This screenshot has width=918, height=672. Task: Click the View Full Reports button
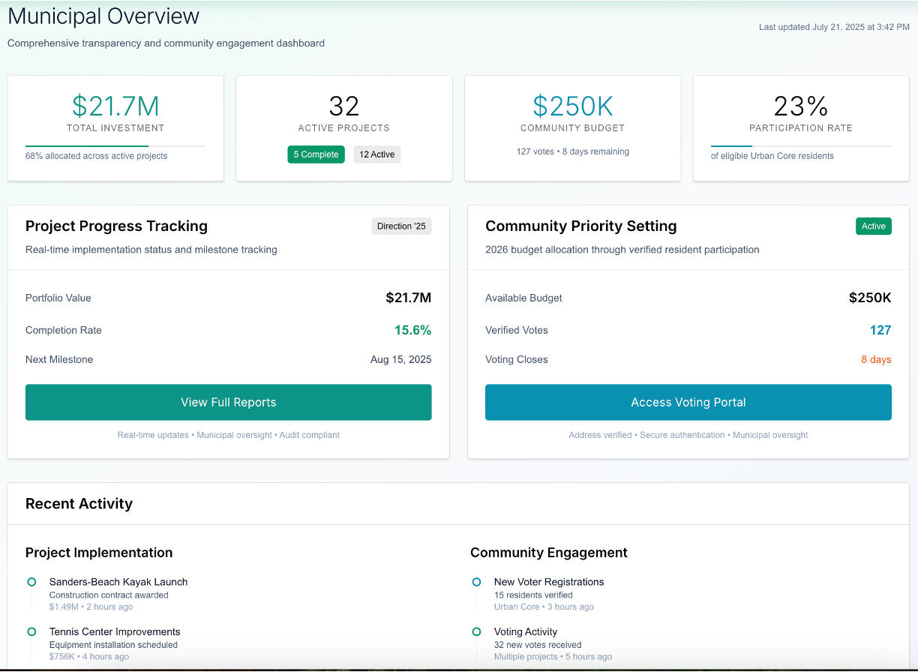pos(228,402)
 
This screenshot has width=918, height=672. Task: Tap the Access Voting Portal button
pos(688,402)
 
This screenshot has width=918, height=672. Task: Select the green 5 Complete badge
pos(316,154)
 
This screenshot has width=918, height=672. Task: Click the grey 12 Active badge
pos(376,154)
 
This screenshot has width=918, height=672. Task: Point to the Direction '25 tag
pos(401,226)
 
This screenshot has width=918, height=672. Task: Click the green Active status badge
pos(873,226)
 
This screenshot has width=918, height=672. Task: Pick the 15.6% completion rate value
pos(412,330)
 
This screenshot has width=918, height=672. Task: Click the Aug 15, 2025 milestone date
pos(400,359)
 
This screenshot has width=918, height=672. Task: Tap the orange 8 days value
pos(876,359)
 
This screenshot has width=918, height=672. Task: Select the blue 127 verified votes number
pos(880,330)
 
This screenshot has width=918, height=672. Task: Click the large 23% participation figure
pos(800,106)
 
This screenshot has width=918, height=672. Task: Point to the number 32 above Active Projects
pos(343,106)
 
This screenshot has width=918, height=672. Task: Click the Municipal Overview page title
pos(103,16)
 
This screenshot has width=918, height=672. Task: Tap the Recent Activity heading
pos(79,504)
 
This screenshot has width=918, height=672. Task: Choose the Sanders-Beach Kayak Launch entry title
pos(118,582)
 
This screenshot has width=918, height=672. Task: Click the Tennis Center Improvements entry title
pos(115,631)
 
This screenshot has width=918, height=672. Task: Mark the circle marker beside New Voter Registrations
pos(476,582)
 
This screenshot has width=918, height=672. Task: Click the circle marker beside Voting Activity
pos(476,631)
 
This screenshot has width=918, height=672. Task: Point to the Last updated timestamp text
pos(834,27)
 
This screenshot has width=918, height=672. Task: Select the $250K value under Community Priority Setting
pos(869,298)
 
